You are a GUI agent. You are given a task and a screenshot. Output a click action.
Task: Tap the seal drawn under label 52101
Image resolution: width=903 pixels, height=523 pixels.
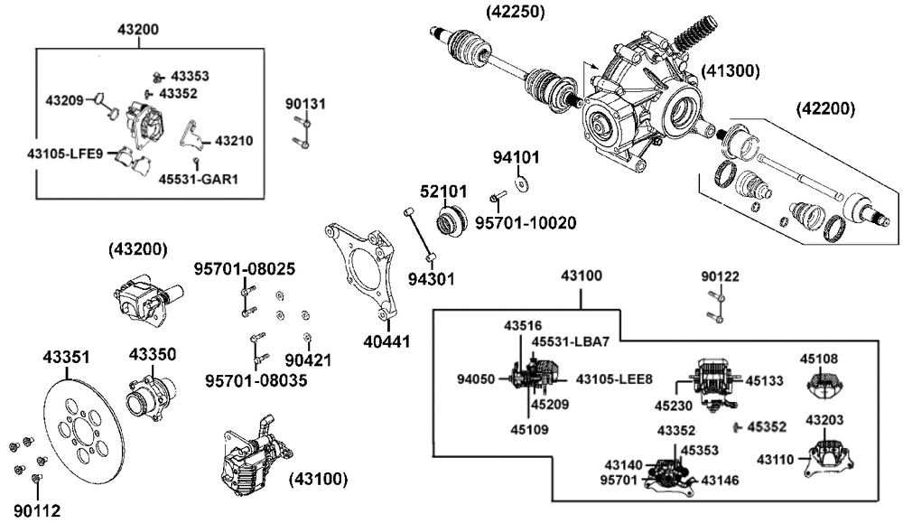pyautogui.click(x=450, y=221)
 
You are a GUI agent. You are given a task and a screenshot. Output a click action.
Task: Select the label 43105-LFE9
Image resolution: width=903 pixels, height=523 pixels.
pyautogui.click(x=65, y=154)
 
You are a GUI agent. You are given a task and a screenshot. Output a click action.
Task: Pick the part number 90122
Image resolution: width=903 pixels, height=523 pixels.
pyautogui.click(x=720, y=276)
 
